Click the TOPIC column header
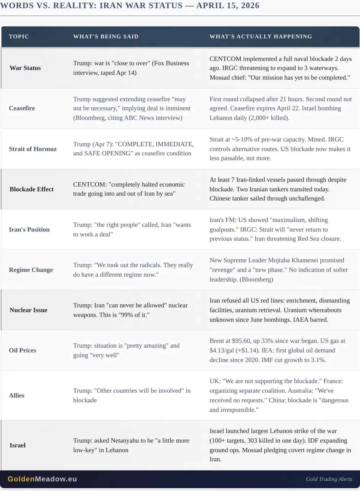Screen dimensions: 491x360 (x=19, y=37)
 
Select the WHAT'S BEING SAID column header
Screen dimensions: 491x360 (x=106, y=37)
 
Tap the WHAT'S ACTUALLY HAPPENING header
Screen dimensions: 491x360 (x=261, y=37)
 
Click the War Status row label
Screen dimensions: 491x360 (x=25, y=68)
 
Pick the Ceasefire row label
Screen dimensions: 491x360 (x=22, y=108)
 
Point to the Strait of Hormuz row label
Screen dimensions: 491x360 (x=33, y=149)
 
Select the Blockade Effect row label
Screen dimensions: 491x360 (x=32, y=189)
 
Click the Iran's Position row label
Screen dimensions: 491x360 (x=29, y=230)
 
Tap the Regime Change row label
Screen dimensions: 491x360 (x=31, y=270)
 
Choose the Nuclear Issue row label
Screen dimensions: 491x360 (x=29, y=310)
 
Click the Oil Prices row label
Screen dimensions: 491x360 (x=22, y=350)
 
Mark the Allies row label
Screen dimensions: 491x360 (x=17, y=395)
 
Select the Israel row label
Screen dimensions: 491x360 (x=18, y=445)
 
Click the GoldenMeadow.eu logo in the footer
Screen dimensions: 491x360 (x=42, y=479)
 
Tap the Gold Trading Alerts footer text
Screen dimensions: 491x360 (x=329, y=479)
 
